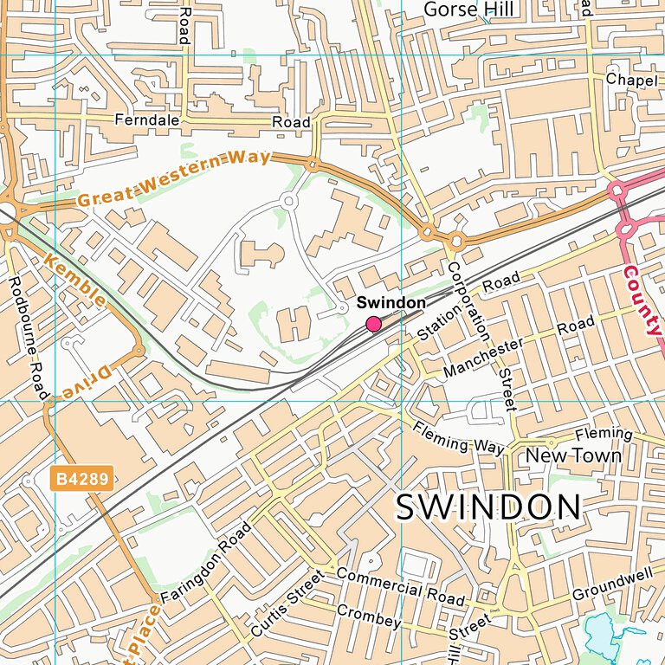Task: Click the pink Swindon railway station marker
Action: [x=374, y=324]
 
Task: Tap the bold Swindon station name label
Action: [x=391, y=303]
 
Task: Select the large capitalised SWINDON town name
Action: [x=488, y=508]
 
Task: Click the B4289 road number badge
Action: [x=82, y=479]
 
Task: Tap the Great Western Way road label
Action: [x=173, y=179]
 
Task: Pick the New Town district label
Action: [x=573, y=455]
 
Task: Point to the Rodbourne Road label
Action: [x=27, y=338]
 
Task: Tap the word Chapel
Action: [x=626, y=79]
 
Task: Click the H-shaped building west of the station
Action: [x=294, y=326]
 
